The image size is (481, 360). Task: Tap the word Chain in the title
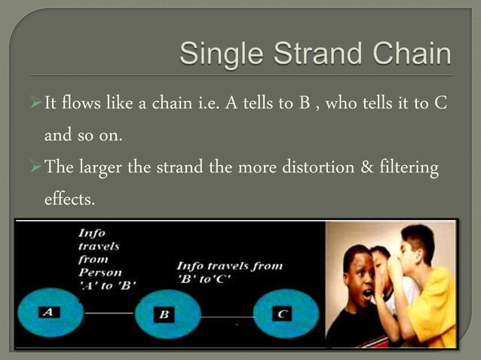[x=413, y=55]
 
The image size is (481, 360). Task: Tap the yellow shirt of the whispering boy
[x=430, y=316]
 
